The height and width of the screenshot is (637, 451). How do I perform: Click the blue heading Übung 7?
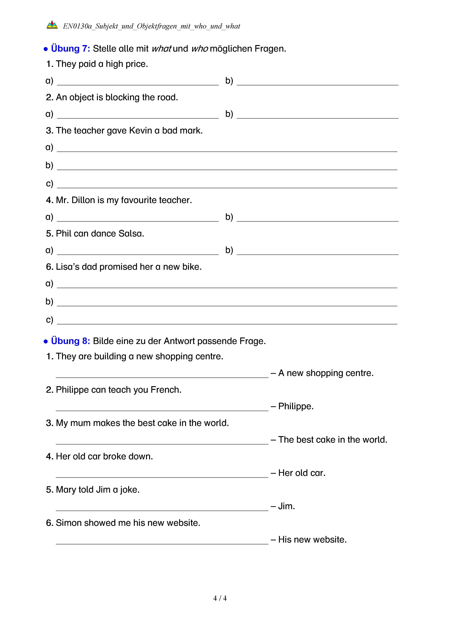click(70, 48)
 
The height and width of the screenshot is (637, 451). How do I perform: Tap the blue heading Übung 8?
click(70, 341)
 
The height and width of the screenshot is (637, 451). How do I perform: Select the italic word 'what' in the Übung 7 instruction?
click(161, 48)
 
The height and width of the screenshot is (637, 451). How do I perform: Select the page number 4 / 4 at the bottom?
click(220, 598)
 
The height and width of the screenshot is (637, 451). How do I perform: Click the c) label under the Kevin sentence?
click(49, 183)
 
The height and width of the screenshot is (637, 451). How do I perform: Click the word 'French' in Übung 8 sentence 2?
click(165, 390)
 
